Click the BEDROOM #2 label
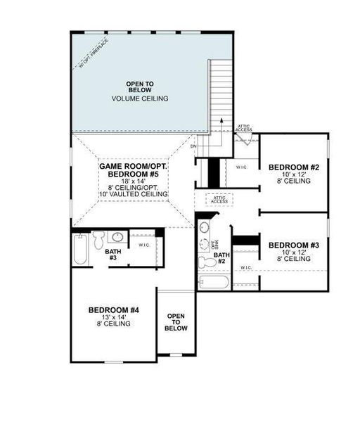click(x=295, y=167)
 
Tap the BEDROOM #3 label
click(x=294, y=245)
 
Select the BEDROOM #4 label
click(x=114, y=310)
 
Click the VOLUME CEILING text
click(x=140, y=98)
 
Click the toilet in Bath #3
click(x=100, y=238)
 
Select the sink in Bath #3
click(x=119, y=237)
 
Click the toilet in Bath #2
click(x=207, y=262)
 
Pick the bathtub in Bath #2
click(x=213, y=283)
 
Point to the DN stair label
click(x=213, y=127)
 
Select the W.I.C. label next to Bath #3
click(x=143, y=245)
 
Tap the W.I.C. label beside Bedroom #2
click(x=241, y=167)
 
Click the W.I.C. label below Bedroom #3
click(x=246, y=268)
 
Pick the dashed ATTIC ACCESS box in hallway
click(x=219, y=199)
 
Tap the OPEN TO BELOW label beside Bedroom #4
click(x=176, y=322)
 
